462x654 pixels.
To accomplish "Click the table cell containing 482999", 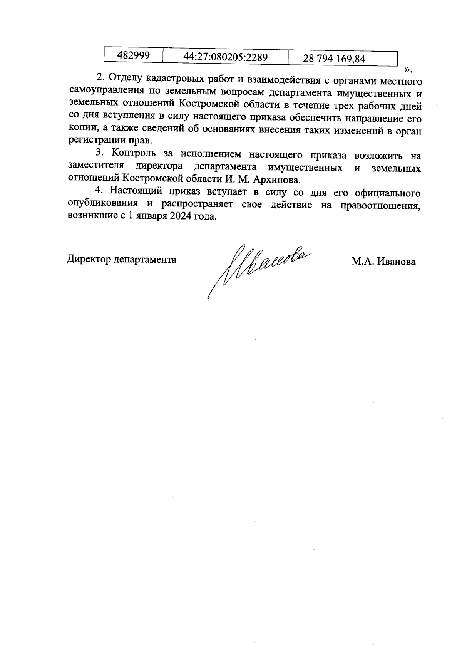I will pos(133,55).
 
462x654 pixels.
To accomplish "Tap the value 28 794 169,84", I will pos(334,59).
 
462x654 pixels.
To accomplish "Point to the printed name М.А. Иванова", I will pos(383,262).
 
